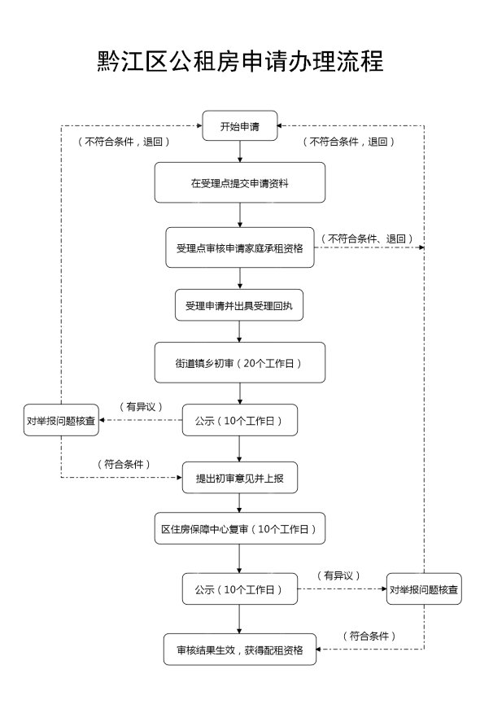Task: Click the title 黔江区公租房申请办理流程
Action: pyautogui.click(x=240, y=61)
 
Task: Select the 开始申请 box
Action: pyautogui.click(x=239, y=125)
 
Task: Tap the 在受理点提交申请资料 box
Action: pyautogui.click(x=239, y=182)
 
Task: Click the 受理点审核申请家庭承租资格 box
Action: pyautogui.click(x=239, y=247)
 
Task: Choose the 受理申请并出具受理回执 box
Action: pyautogui.click(x=239, y=305)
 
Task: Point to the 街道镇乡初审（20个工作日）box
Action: pyautogui.click(x=239, y=362)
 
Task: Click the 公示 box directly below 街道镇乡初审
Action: pyautogui.click(x=239, y=420)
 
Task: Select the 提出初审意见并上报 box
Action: pyautogui.click(x=239, y=478)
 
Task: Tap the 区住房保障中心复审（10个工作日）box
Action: pyautogui.click(x=239, y=528)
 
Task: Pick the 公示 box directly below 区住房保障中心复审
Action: pyautogui.click(x=239, y=588)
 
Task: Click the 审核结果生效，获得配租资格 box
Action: pyautogui.click(x=239, y=650)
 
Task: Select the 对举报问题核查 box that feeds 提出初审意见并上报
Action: pyautogui.click(x=61, y=420)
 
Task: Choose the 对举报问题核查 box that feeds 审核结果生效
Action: pyautogui.click(x=424, y=588)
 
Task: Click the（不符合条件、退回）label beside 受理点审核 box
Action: pyautogui.click(x=367, y=238)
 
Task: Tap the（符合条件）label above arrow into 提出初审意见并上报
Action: pyautogui.click(x=124, y=464)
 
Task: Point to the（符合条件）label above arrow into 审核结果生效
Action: pyautogui.click(x=369, y=636)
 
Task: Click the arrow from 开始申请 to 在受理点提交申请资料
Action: pyautogui.click(x=240, y=151)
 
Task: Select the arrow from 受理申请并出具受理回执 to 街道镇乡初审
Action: pyautogui.click(x=239, y=331)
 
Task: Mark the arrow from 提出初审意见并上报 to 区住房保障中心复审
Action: pyautogui.click(x=239, y=503)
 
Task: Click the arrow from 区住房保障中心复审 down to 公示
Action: pyautogui.click(x=239, y=558)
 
